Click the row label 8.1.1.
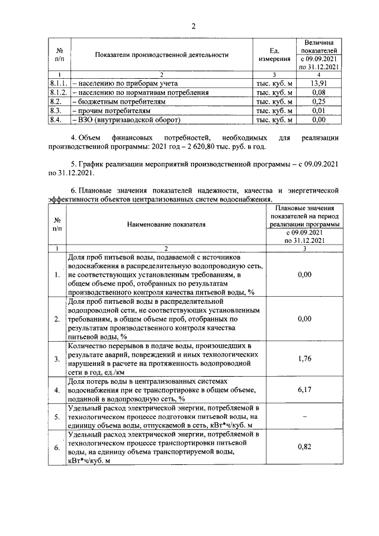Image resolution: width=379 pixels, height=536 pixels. (x=59, y=84)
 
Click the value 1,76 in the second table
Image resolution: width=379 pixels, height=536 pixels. (x=304, y=358)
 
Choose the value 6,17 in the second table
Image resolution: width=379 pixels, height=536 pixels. (x=304, y=390)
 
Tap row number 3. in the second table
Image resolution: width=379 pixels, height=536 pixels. (x=56, y=359)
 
